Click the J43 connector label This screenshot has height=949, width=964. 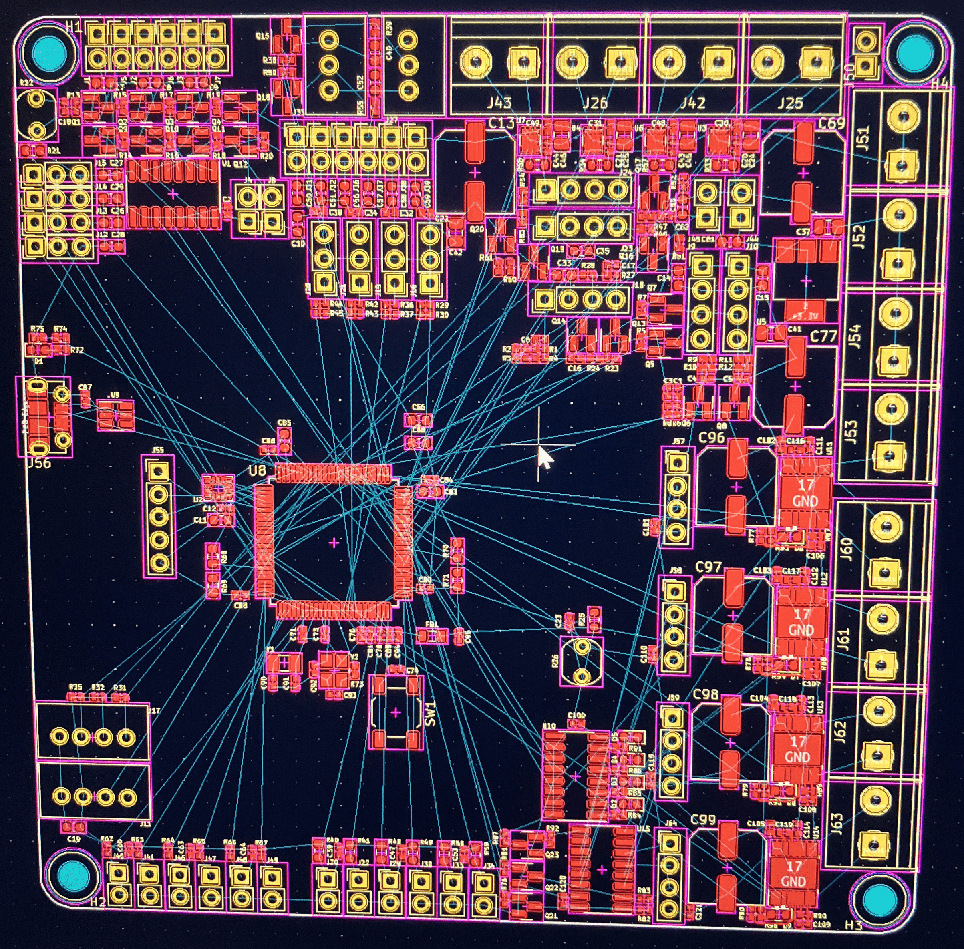click(499, 103)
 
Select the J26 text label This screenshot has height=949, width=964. click(596, 103)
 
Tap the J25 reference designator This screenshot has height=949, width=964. click(791, 103)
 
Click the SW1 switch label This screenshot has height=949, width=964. click(431, 713)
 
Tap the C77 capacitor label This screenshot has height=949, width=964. click(823, 336)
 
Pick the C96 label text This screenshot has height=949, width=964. click(711, 438)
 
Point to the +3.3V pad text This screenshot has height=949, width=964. click(804, 316)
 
